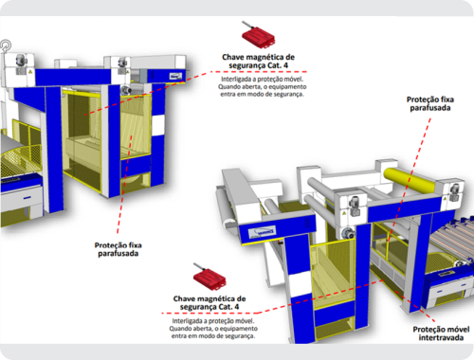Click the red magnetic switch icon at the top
click(x=259, y=36)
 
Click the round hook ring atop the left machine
click(x=6, y=45)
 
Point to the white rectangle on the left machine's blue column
click(x=158, y=125)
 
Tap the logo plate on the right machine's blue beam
click(x=263, y=233)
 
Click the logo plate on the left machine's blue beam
click(x=175, y=76)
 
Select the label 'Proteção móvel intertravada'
click(x=441, y=333)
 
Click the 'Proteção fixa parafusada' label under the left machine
click(x=118, y=249)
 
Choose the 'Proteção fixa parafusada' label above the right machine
click(x=430, y=103)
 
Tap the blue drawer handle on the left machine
click(x=27, y=198)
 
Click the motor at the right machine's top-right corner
click(x=454, y=191)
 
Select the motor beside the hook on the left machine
click(x=20, y=60)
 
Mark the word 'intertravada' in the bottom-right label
click(x=441, y=337)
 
